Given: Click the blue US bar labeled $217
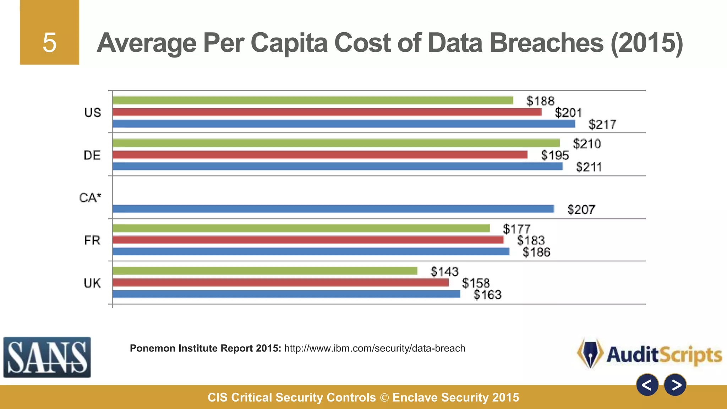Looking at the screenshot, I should click(x=344, y=124).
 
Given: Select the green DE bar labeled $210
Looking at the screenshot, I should click(x=336, y=143).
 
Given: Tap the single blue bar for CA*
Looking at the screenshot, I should click(x=333, y=209).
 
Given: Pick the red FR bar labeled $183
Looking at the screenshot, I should click(x=308, y=240).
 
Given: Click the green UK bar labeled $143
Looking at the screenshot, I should click(x=265, y=271).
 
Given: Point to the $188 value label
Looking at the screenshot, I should click(x=540, y=101).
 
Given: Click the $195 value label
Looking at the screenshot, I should click(x=554, y=156).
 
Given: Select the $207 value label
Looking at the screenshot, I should click(x=581, y=209).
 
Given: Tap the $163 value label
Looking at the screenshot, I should click(x=487, y=295).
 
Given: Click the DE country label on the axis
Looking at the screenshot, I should click(x=92, y=156).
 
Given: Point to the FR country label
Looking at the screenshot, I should click(x=92, y=241).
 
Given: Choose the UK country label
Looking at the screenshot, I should click(x=92, y=283).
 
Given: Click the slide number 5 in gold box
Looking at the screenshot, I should click(x=49, y=43).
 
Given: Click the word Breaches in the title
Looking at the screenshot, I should click(x=547, y=43).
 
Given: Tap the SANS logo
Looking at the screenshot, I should click(x=47, y=357).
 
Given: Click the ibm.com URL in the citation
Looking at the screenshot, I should click(x=375, y=348).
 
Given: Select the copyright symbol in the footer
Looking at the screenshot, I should click(x=384, y=398).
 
